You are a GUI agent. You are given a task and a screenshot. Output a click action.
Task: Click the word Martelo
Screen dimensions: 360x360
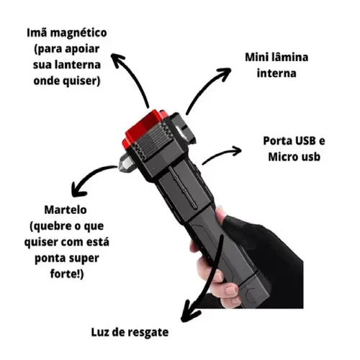coord(66,210)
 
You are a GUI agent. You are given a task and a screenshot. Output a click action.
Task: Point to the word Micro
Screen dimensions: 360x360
coord(280,157)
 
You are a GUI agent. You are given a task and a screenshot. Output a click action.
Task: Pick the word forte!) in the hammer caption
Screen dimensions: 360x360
coord(67,274)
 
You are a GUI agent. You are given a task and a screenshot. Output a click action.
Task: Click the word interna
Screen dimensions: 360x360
coord(276,73)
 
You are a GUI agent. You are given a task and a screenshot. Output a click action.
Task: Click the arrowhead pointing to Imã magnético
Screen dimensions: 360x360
coord(117,59)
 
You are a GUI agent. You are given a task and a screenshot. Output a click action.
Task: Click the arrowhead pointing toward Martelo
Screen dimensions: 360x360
coord(77,189)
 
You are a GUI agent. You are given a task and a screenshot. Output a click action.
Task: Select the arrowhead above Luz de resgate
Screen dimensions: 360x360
coord(189,315)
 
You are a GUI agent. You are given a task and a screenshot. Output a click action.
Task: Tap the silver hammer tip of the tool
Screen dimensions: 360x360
coord(125,163)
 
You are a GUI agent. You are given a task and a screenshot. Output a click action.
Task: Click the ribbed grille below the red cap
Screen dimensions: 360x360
coord(153,142)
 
